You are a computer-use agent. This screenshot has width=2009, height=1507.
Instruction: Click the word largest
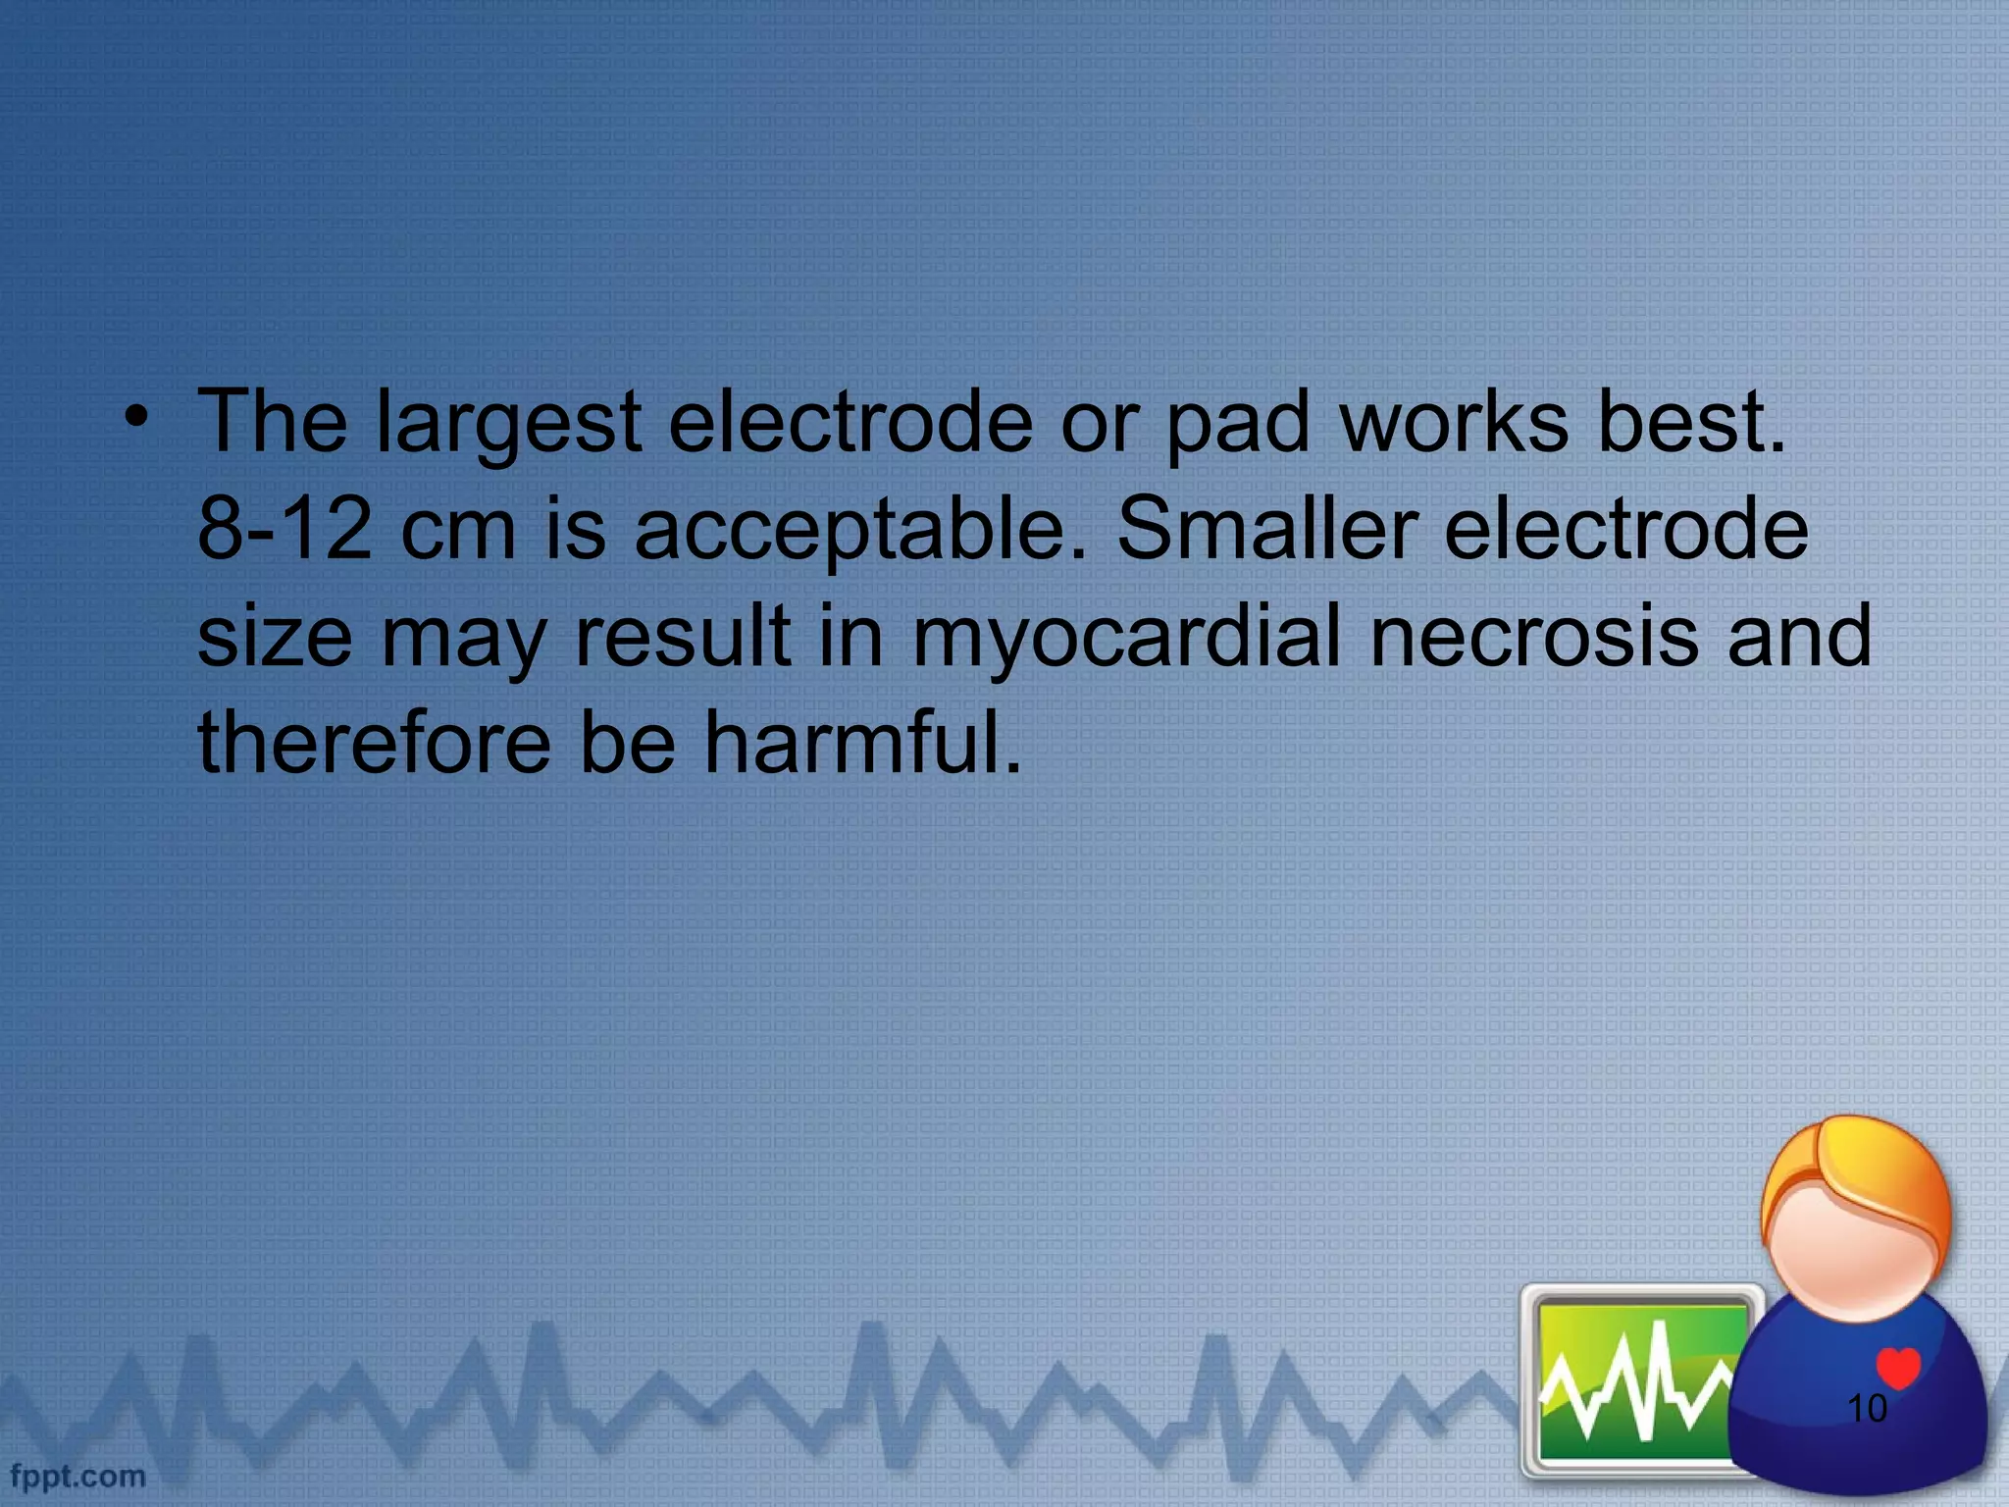[x=509, y=425]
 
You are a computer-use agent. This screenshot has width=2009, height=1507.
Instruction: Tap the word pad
[x=1237, y=425]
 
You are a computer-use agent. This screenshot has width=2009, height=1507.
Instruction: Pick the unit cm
[x=458, y=531]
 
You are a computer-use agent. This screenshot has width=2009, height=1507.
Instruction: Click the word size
[x=275, y=637]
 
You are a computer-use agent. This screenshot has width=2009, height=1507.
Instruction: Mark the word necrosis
[x=1533, y=637]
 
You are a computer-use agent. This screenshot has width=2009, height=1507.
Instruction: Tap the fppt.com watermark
[x=77, y=1476]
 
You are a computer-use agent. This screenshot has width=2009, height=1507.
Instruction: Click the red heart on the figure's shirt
[x=1897, y=1367]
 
